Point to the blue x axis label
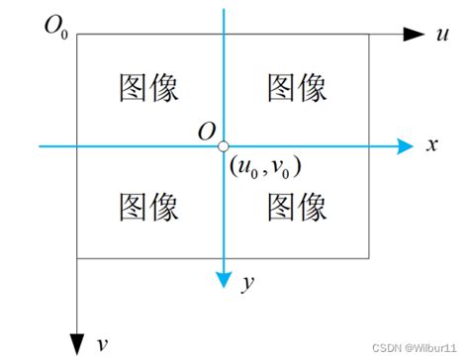431,145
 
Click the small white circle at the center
225,146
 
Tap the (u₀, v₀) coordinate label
264,165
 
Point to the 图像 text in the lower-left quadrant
148,208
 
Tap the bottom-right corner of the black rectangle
370,259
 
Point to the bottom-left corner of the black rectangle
77,259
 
